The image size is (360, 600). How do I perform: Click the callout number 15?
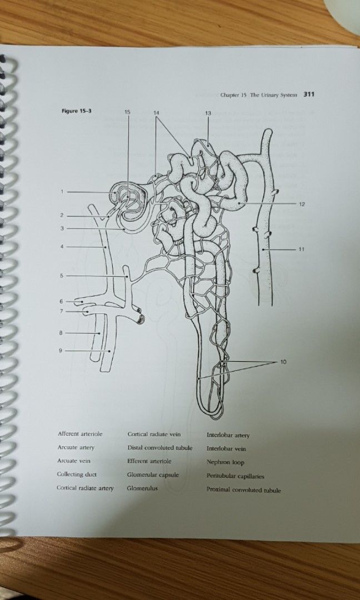pyautogui.click(x=127, y=112)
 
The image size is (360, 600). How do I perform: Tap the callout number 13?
pyautogui.click(x=208, y=113)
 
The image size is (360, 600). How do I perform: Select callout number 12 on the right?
pyautogui.click(x=302, y=204)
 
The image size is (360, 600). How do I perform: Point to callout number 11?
pyautogui.click(x=301, y=249)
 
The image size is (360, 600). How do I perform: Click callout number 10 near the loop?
pyautogui.click(x=283, y=362)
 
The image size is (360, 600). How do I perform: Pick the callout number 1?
pyautogui.click(x=63, y=192)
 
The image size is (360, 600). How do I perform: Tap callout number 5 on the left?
pyautogui.click(x=62, y=276)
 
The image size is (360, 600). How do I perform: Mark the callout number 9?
pyautogui.click(x=61, y=350)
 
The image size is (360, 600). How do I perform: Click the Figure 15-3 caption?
pyautogui.click(x=76, y=111)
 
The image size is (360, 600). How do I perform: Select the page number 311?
pyautogui.click(x=309, y=94)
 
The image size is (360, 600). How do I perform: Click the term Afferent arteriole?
pyautogui.click(x=80, y=434)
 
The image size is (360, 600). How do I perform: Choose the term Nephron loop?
pyautogui.click(x=225, y=462)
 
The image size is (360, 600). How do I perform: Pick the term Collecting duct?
pyautogui.click(x=77, y=474)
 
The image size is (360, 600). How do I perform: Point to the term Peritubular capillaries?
pyautogui.click(x=235, y=476)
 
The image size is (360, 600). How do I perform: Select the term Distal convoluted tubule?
pyautogui.click(x=159, y=448)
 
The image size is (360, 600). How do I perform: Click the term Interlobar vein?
pyautogui.click(x=226, y=449)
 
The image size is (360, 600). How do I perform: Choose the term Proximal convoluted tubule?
pyautogui.click(x=243, y=490)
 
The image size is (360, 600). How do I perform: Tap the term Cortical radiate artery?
pyautogui.click(x=85, y=488)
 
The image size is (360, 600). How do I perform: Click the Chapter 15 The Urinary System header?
pyautogui.click(x=259, y=95)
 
